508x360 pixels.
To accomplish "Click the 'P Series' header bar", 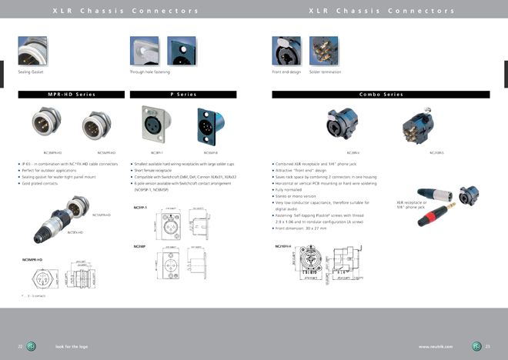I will pyautogui.click(x=182, y=94).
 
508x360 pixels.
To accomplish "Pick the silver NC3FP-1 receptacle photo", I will pyautogui.click(x=152, y=123).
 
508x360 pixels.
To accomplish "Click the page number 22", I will pyautogui.click(x=21, y=346).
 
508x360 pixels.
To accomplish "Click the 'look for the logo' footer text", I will pyautogui.click(x=72, y=346).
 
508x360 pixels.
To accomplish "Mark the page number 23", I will pyautogui.click(x=487, y=346).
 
